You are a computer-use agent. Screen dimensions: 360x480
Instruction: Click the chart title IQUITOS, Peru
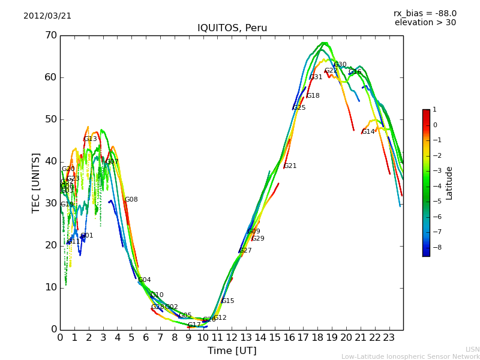point(232,28)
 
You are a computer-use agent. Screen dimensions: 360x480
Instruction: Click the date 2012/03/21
point(47,16)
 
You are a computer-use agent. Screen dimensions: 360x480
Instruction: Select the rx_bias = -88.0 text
point(425,13)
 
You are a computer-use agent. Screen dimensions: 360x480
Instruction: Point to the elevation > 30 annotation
point(425,23)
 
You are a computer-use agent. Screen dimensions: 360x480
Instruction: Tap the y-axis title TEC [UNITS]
point(36,182)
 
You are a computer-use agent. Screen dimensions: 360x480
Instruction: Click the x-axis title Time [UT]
point(232,350)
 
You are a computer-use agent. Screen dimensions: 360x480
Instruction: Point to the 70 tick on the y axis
point(50,35)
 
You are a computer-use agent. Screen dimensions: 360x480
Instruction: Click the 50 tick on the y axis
point(50,119)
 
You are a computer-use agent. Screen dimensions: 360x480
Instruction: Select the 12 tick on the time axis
point(232,337)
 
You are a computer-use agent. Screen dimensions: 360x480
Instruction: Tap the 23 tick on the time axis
point(389,337)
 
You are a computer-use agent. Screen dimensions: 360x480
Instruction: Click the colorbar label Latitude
point(449,183)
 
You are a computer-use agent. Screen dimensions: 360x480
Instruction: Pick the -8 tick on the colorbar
point(436,247)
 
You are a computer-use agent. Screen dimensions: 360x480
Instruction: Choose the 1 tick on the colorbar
point(434,110)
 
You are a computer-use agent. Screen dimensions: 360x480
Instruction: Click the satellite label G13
point(90,139)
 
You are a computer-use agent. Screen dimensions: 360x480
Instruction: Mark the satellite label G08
point(131,200)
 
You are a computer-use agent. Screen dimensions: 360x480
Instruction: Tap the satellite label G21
point(290,166)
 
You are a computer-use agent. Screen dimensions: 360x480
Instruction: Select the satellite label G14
point(368,132)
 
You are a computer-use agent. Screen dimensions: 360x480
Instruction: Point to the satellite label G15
point(227,301)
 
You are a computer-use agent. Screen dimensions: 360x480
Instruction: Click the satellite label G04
point(144,280)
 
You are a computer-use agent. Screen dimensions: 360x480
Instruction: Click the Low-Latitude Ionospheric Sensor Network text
point(410,356)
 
